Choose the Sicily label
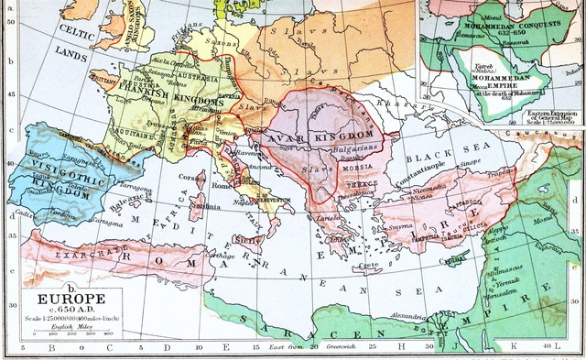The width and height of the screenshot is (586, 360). point(246,238)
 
